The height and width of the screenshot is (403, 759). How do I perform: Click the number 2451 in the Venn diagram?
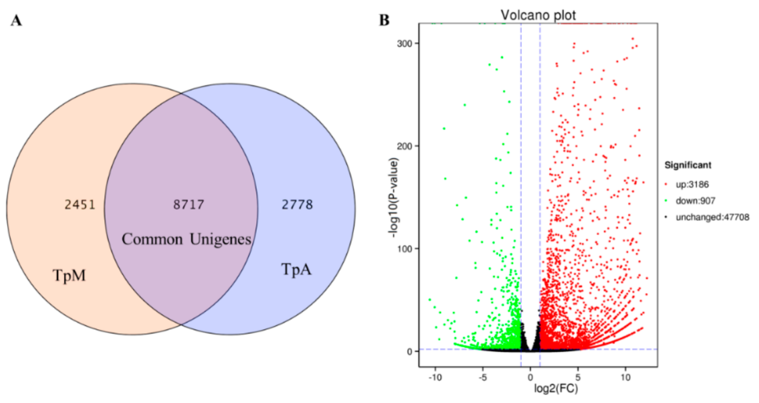click(x=80, y=205)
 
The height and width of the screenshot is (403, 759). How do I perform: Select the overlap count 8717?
click(x=188, y=205)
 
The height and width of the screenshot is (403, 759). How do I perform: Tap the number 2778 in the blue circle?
click(x=297, y=205)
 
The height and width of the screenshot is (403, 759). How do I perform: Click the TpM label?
click(x=69, y=275)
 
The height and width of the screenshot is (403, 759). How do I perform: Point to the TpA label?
click(x=296, y=269)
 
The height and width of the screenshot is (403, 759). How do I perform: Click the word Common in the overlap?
click(x=152, y=239)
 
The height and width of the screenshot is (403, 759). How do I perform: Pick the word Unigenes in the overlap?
click(x=220, y=239)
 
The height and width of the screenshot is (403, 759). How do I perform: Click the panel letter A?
click(x=16, y=21)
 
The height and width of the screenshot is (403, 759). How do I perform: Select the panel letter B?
click(x=384, y=21)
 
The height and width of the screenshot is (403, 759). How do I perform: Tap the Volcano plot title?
click(x=538, y=15)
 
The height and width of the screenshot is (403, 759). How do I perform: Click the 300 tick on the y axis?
click(x=404, y=43)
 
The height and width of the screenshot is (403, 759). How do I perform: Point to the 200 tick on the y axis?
click(x=404, y=146)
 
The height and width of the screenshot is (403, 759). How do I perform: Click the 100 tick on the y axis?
click(x=404, y=249)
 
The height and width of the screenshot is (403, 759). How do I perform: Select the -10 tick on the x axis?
click(x=435, y=377)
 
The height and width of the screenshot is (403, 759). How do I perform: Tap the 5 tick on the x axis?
click(x=578, y=377)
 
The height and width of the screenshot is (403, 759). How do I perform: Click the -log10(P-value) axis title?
click(x=394, y=197)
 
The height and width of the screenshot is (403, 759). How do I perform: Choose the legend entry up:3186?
click(x=692, y=185)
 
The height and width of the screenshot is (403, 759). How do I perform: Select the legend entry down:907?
click(x=695, y=201)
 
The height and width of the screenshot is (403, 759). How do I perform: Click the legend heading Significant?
click(x=688, y=165)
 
